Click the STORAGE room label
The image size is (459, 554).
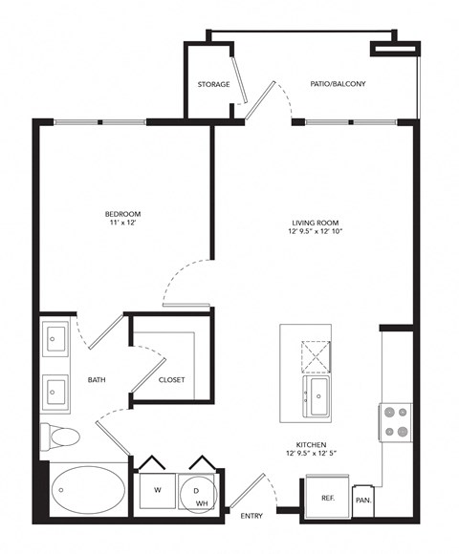click(213, 84)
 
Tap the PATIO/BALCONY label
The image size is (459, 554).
click(338, 84)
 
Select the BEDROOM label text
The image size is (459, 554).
click(123, 213)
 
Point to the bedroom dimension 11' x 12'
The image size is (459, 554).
click(123, 224)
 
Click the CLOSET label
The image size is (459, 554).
click(172, 379)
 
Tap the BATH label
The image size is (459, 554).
click(97, 379)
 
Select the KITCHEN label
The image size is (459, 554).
click(314, 445)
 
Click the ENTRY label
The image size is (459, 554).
click(251, 516)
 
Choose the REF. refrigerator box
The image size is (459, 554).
click(326, 498)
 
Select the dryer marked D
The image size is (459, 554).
click(195, 491)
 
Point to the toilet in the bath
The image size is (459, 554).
click(61, 438)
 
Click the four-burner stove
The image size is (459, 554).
click(395, 421)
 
